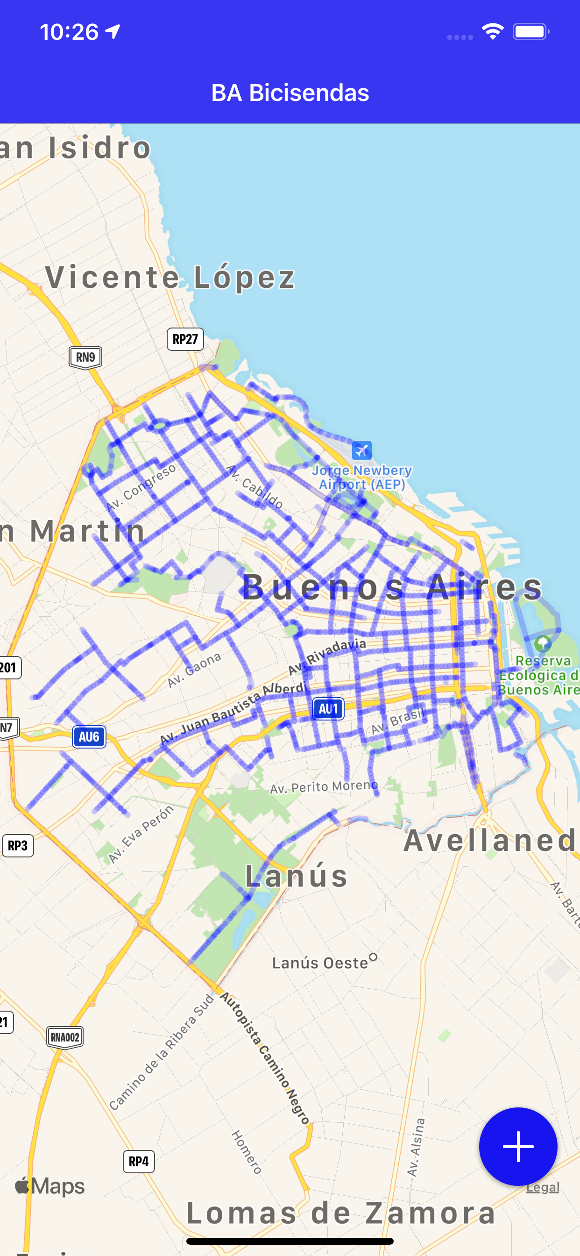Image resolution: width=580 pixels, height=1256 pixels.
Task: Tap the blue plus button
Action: point(517,1146)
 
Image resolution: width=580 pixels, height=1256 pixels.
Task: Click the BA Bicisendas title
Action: point(290,93)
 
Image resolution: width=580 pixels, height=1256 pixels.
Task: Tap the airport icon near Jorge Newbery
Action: point(361,450)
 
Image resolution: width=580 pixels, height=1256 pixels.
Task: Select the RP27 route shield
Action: point(185,339)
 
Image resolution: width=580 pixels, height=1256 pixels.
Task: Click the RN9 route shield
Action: point(85,357)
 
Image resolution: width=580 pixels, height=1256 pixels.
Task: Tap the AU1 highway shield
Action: point(328,709)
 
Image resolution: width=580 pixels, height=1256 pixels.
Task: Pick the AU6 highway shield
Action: point(89,737)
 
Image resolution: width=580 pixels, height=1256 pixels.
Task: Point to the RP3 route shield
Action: point(18,845)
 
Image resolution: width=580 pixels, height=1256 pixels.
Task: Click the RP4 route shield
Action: point(138,1162)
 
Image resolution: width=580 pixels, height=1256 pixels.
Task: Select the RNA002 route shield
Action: point(65,1037)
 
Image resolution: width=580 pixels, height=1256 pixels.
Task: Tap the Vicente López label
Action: point(170,278)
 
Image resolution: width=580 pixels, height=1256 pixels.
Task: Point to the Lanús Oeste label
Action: point(320,963)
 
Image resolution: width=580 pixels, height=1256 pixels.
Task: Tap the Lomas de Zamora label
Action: point(341,1213)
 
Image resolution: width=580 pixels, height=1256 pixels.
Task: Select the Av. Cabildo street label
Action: point(255,486)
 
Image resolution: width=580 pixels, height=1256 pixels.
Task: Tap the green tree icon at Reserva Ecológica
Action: point(543,643)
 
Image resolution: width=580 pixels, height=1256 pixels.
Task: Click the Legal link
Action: point(542,1187)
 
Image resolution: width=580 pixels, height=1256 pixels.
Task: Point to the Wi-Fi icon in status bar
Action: point(492,32)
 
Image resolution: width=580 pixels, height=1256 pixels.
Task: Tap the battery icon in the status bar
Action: point(530,32)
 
